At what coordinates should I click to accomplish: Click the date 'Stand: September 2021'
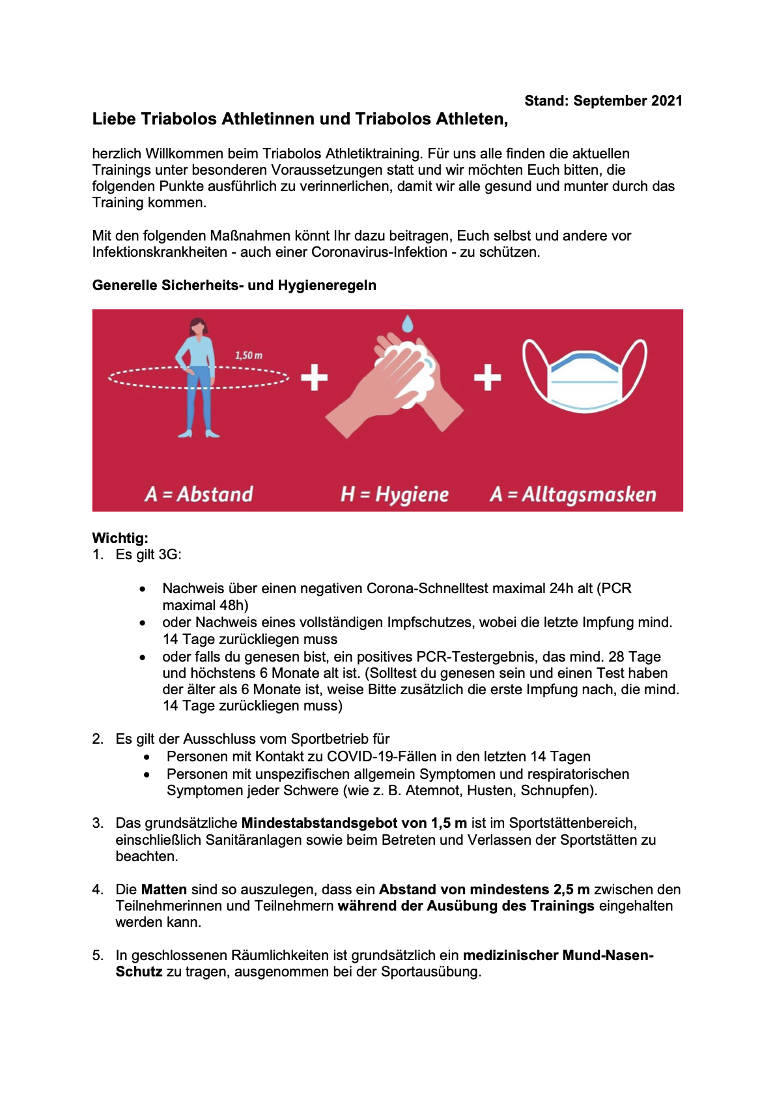tap(603, 101)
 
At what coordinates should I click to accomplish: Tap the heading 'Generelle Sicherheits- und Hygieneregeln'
tap(234, 285)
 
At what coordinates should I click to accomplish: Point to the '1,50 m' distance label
tap(249, 355)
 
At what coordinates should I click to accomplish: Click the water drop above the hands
tap(407, 323)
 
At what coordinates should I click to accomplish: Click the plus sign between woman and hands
tap(315, 377)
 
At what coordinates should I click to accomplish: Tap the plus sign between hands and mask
tap(487, 377)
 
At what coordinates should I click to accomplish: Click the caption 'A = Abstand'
tap(199, 494)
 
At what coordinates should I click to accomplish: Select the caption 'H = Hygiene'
tap(395, 495)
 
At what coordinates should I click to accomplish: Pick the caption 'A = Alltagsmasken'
tap(573, 495)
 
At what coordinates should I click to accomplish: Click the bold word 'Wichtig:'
tap(120, 538)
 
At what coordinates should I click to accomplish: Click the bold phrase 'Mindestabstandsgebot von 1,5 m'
tap(354, 823)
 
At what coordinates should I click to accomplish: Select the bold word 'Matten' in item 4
tap(164, 890)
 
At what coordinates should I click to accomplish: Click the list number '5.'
tap(98, 956)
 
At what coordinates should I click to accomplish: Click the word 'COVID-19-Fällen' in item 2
tap(380, 757)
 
